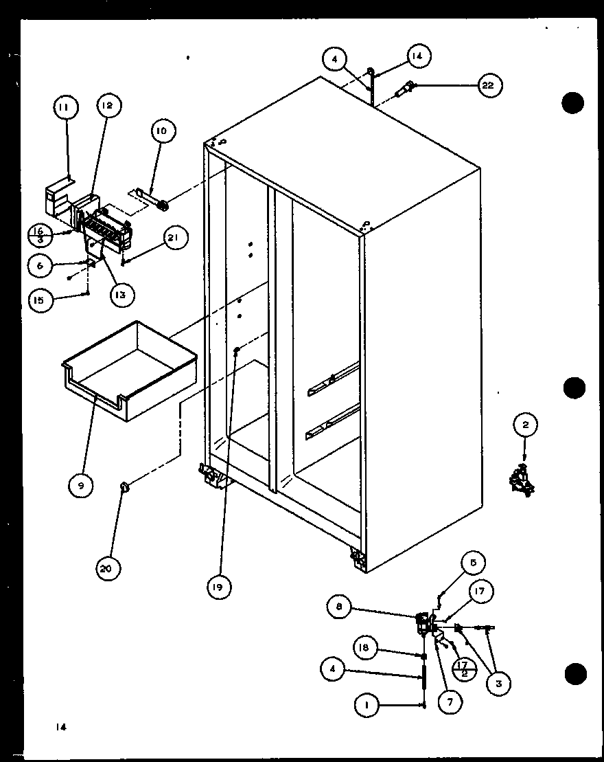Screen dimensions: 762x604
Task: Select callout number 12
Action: click(108, 106)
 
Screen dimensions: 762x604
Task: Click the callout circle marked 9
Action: click(81, 485)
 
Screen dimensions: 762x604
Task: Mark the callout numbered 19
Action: click(218, 587)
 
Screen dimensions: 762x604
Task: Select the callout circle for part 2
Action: click(526, 425)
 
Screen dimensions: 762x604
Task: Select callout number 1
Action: click(368, 704)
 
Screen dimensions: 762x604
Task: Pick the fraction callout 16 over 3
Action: click(39, 234)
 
